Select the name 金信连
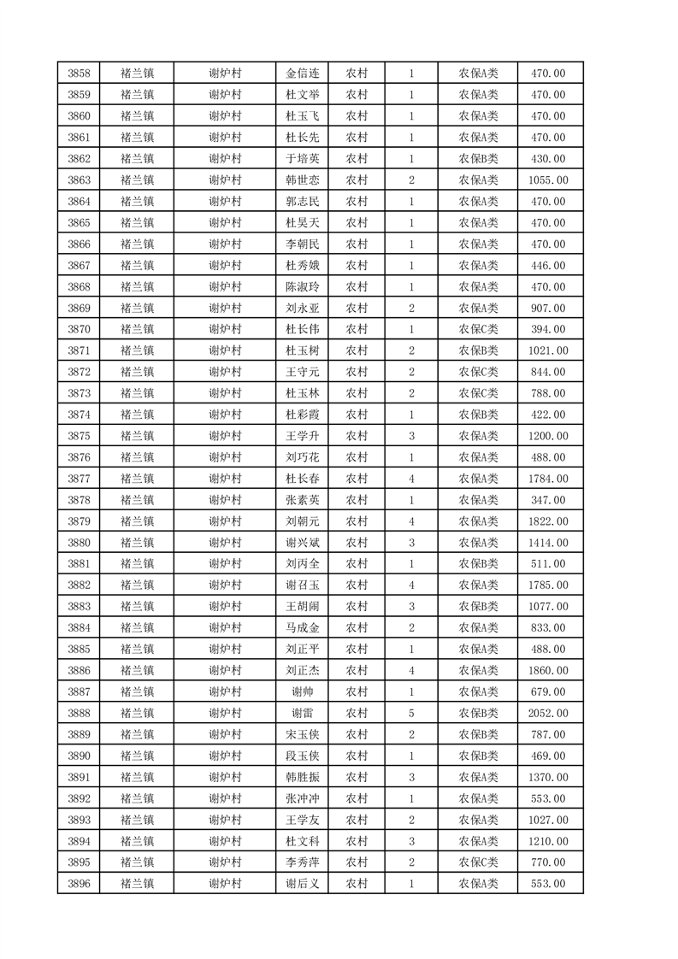click(x=303, y=74)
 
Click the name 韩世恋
click(x=303, y=180)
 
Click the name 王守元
click(x=303, y=372)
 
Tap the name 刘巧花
click(x=303, y=457)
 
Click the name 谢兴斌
click(x=303, y=543)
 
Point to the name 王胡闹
click(x=303, y=607)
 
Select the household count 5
click(x=411, y=713)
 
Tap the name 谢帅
click(x=303, y=691)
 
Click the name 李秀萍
click(x=303, y=862)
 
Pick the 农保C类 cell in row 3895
click(x=479, y=862)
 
